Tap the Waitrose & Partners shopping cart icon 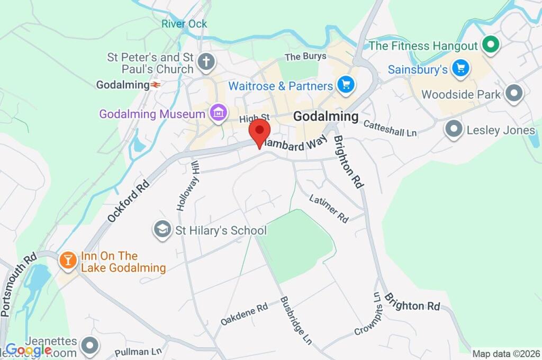click(x=346, y=85)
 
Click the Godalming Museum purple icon click(x=218, y=113)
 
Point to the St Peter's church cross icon click(x=206, y=62)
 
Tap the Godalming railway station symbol click(x=156, y=85)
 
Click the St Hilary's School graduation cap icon click(x=162, y=230)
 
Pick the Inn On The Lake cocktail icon click(x=68, y=260)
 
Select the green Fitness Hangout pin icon click(x=491, y=46)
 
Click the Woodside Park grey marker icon click(x=513, y=94)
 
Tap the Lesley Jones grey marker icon click(x=454, y=129)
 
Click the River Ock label click(x=184, y=24)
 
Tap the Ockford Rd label click(x=128, y=201)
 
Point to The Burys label click(x=302, y=57)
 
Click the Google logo click(x=29, y=349)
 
